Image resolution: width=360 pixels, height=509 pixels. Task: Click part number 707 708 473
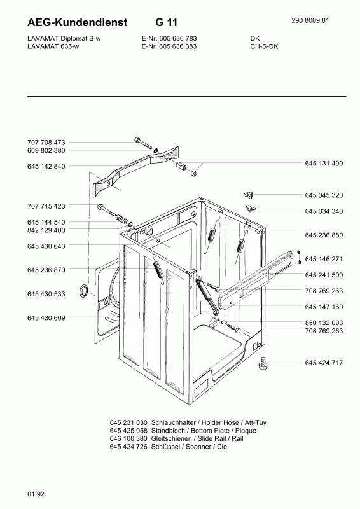(x=46, y=142)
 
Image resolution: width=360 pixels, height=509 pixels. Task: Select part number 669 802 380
(x=46, y=151)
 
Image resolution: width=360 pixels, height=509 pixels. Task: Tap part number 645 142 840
(x=46, y=166)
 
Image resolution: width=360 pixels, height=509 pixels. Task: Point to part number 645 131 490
(x=324, y=164)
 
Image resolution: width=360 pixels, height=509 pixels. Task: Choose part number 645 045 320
(x=324, y=195)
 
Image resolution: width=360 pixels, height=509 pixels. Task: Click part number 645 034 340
(x=324, y=211)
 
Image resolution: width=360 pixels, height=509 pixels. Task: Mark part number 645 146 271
(x=324, y=259)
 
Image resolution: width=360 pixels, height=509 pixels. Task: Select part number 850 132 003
(x=324, y=323)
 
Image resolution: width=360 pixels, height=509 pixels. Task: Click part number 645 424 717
(x=324, y=363)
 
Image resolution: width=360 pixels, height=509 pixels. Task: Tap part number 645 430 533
(x=46, y=294)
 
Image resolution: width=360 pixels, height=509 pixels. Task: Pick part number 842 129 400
(x=46, y=230)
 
